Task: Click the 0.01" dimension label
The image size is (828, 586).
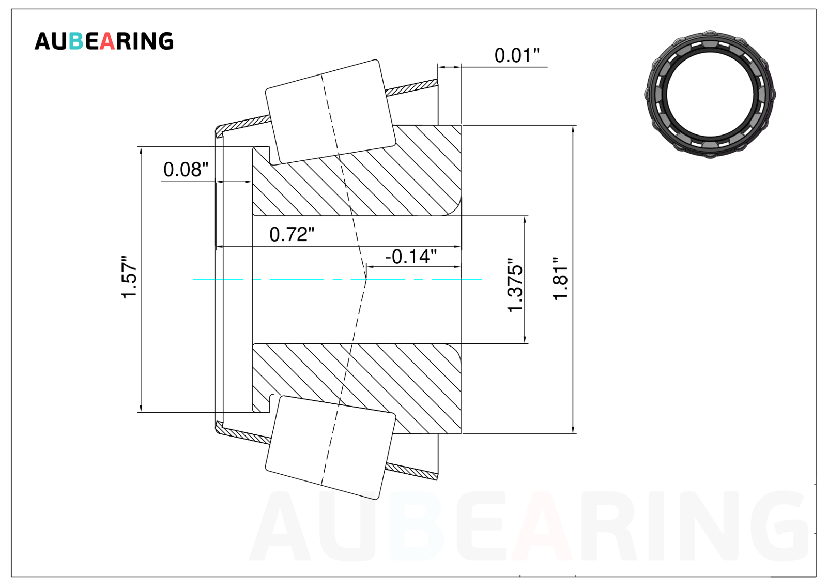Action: click(x=517, y=55)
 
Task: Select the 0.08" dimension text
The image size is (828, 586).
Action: click(x=186, y=170)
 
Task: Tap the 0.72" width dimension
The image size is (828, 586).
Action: click(x=292, y=234)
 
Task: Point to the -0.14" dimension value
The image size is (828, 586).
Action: click(x=411, y=257)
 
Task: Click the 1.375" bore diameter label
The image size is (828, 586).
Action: click(x=515, y=285)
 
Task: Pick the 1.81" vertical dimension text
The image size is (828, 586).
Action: click(x=560, y=279)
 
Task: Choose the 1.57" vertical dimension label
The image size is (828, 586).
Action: click(x=129, y=277)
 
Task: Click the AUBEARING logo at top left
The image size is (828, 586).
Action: click(x=104, y=41)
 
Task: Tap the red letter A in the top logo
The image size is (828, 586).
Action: click(x=107, y=41)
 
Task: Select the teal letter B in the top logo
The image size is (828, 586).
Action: click(x=76, y=41)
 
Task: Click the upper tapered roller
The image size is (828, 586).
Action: click(x=330, y=112)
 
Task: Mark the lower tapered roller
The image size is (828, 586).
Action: click(x=330, y=447)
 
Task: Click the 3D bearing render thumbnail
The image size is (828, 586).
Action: click(x=710, y=94)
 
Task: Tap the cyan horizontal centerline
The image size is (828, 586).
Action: click(x=337, y=279)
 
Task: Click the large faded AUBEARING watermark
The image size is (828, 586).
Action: click(x=529, y=525)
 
